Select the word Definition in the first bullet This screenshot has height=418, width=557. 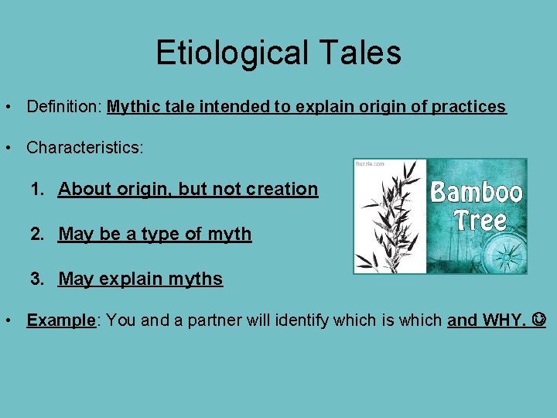pos(63,107)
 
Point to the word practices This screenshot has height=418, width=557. pos(468,107)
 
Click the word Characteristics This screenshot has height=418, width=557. pos(84,147)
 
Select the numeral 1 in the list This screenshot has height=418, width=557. pos(36,189)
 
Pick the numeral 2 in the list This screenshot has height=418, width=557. pos(36,234)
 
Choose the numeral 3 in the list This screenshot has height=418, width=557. pos(36,279)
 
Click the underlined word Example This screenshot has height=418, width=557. pos(60,320)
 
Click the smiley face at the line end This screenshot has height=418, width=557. pos(539,320)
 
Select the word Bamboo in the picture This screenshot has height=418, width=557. pos(477,191)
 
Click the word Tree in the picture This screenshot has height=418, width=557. pos(480,221)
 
